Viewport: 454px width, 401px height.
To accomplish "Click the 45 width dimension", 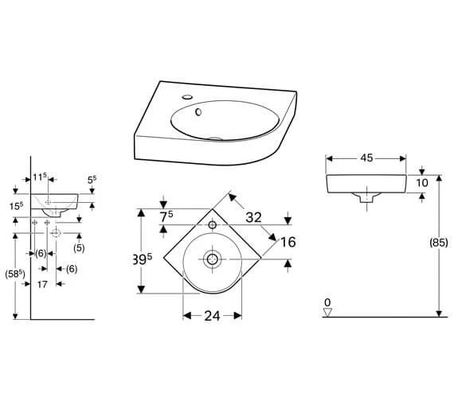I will (x=366, y=158).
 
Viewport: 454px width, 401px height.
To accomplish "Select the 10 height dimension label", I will (x=422, y=183).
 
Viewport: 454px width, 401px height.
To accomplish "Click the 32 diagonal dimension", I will (x=254, y=216).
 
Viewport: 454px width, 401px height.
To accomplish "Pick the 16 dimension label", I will (x=288, y=242).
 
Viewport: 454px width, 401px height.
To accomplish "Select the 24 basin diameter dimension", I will (x=212, y=316).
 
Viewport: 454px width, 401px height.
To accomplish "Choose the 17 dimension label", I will (x=43, y=284).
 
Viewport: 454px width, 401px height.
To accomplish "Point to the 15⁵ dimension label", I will (x=17, y=206).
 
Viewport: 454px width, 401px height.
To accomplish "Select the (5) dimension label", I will (x=79, y=247).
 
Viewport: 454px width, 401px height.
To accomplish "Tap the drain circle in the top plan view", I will (x=213, y=259).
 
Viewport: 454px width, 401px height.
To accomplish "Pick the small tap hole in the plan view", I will (x=213, y=225).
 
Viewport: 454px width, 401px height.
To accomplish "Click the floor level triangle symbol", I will (x=327, y=312).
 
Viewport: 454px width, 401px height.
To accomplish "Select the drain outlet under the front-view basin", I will (x=366, y=200).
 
